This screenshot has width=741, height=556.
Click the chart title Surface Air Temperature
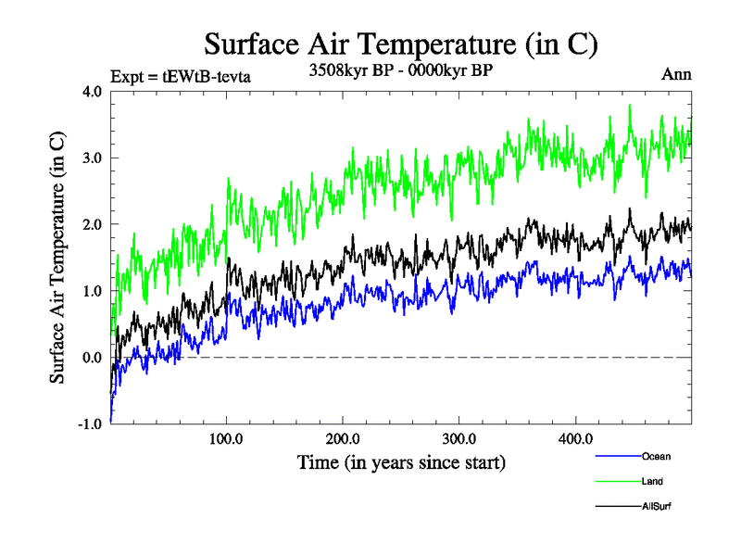point(400,44)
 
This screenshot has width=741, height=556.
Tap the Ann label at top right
point(677,74)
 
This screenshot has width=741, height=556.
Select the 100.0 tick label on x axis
point(227,438)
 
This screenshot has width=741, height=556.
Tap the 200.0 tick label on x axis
point(343,438)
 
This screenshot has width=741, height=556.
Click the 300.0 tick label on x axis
point(459,438)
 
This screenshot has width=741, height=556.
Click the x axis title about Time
point(401,461)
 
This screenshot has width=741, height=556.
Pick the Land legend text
point(652,481)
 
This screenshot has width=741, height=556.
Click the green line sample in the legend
point(616,481)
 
